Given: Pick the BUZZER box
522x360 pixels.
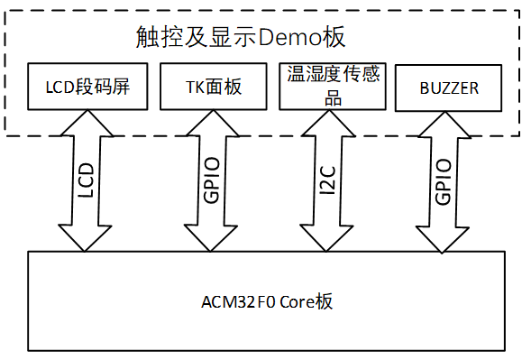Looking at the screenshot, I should tap(449, 88).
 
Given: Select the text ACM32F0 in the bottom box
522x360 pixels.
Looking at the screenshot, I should tap(234, 301).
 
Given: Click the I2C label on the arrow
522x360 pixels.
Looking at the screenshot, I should tap(329, 180).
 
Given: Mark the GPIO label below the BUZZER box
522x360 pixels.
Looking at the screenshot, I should tap(444, 180).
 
